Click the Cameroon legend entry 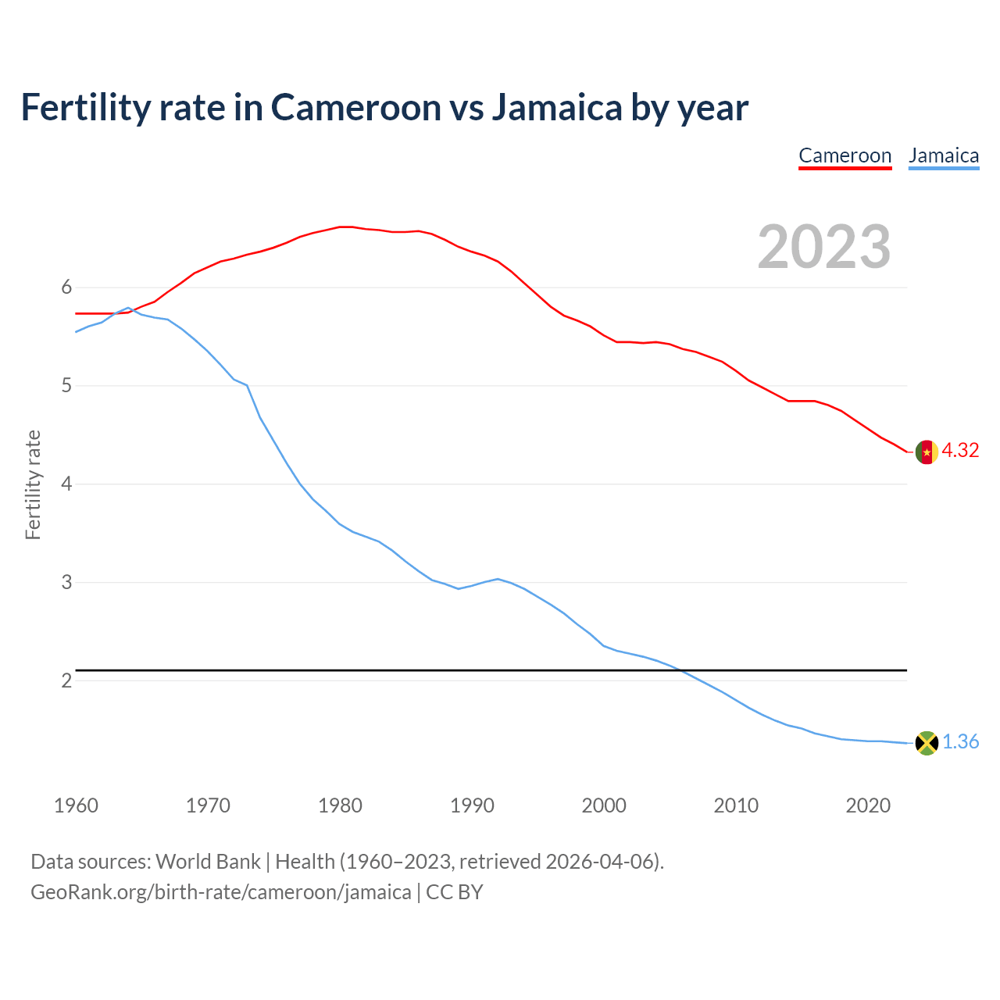pyautogui.click(x=845, y=155)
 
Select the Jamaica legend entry pyautogui.click(x=944, y=155)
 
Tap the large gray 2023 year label pyautogui.click(x=824, y=247)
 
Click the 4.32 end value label pyautogui.click(x=960, y=451)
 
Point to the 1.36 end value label pyautogui.click(x=960, y=742)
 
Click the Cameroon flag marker pyautogui.click(x=927, y=452)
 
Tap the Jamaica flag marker pyautogui.click(x=927, y=743)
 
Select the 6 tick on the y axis pyautogui.click(x=66, y=287)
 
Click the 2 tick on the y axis pyautogui.click(x=66, y=680)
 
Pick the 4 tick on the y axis pyautogui.click(x=66, y=484)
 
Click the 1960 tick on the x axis pyautogui.click(x=76, y=805)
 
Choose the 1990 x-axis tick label pyautogui.click(x=472, y=805)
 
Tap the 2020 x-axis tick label pyautogui.click(x=868, y=805)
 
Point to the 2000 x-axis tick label pyautogui.click(x=604, y=805)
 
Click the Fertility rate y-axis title pyautogui.click(x=33, y=484)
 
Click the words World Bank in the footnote pyautogui.click(x=208, y=862)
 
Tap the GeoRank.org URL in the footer pyautogui.click(x=220, y=892)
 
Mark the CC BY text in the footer pyautogui.click(x=455, y=892)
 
